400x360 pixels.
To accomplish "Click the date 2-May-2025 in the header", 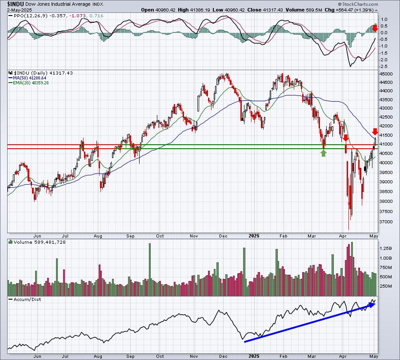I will [16, 9].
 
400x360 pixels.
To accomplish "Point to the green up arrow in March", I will [324, 153].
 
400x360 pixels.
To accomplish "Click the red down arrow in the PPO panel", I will [375, 28].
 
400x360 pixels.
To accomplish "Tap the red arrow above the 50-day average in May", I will [375, 132].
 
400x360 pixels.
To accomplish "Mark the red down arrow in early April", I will [346, 138].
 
